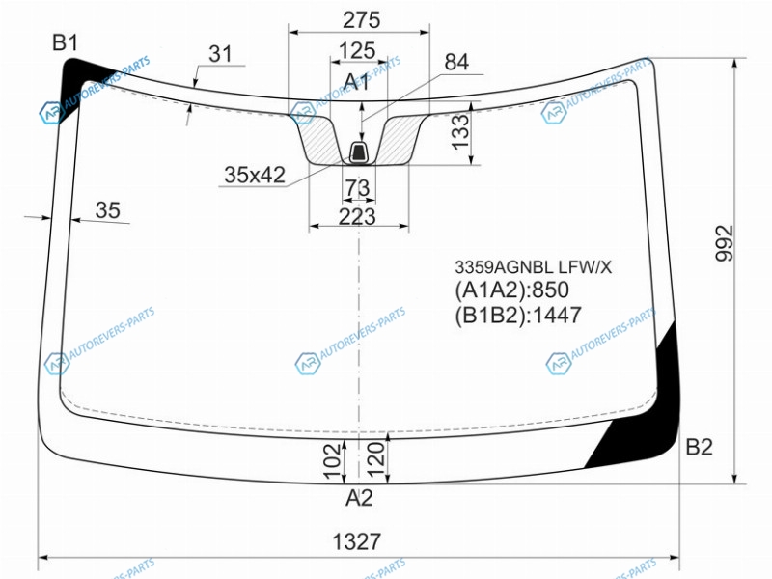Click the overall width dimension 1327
[357, 541]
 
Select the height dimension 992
[725, 243]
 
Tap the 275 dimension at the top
[361, 20]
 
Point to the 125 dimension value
[357, 51]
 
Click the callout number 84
[456, 62]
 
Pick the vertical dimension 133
[461, 131]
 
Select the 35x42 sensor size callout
[255, 175]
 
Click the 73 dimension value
[357, 187]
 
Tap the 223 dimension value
[357, 216]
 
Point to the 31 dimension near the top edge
[220, 54]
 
